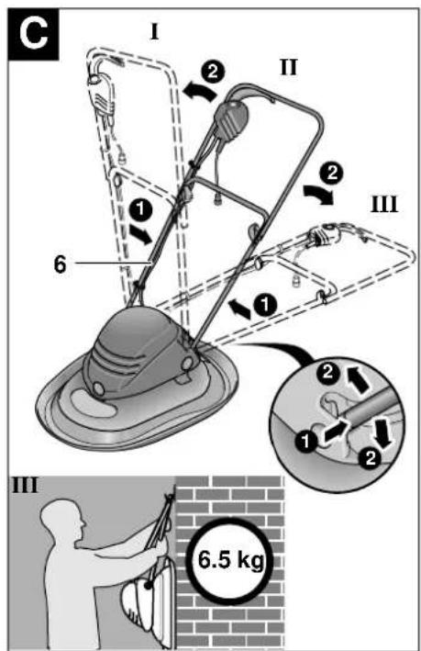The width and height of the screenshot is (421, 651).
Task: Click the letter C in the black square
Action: pos(33,34)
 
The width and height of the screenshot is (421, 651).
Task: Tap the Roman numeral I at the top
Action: pos(154,32)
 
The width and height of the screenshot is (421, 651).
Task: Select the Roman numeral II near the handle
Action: pos(289,67)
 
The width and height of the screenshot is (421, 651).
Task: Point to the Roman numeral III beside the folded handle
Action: pos(384,204)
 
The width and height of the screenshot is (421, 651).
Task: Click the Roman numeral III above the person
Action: pos(26,485)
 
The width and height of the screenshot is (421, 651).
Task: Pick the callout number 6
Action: pos(61,264)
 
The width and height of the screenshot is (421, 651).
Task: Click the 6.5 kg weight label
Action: pos(230,560)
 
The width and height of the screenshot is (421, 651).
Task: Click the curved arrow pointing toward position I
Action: pos(200,91)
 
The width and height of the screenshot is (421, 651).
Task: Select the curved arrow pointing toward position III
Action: pos(318,194)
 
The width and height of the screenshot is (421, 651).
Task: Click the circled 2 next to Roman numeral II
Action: pos(213,72)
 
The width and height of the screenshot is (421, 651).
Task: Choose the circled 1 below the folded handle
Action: pos(265,305)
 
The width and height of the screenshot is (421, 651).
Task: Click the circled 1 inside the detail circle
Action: pos(306,441)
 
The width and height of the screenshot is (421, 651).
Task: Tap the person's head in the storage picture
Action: pos(64,520)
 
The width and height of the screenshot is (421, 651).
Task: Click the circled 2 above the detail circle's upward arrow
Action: pos(327,372)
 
